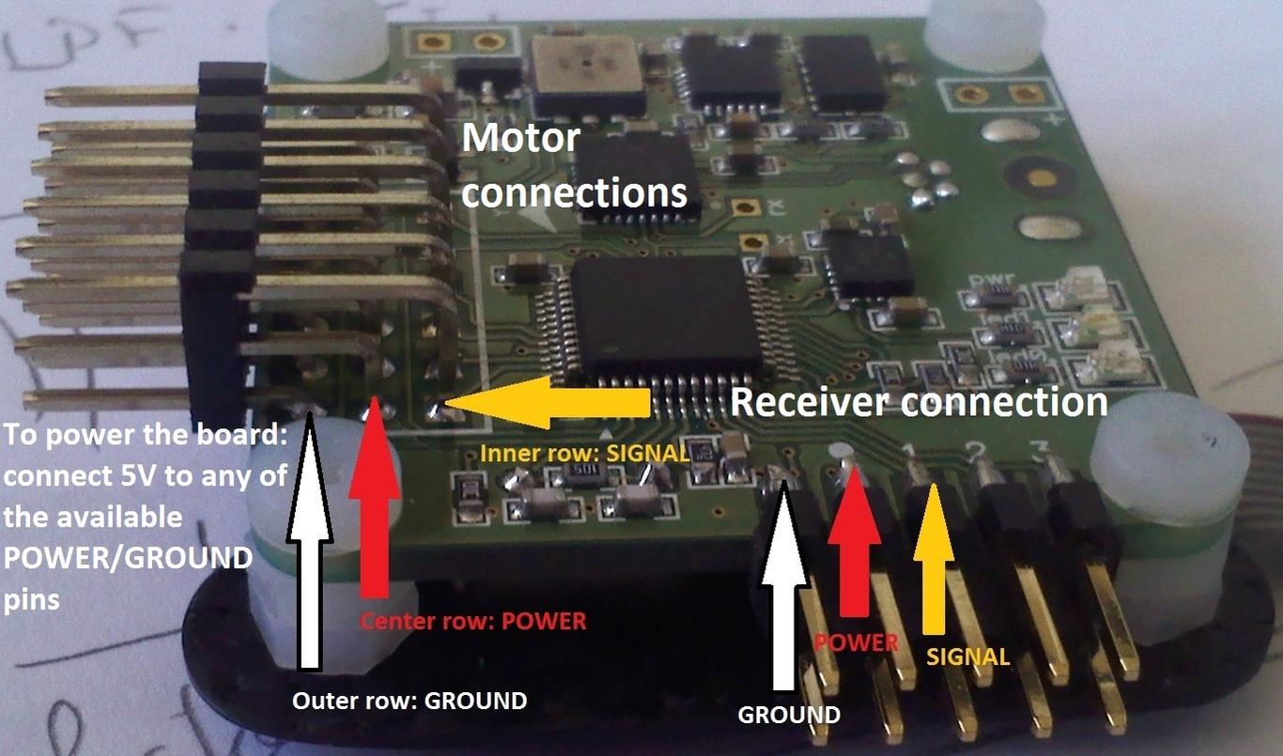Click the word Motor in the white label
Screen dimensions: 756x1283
click(x=521, y=139)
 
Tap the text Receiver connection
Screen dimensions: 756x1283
click(x=918, y=403)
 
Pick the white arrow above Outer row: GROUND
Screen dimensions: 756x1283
click(x=309, y=545)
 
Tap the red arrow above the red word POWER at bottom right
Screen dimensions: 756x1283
click(x=855, y=540)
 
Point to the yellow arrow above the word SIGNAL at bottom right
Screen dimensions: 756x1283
click(x=934, y=554)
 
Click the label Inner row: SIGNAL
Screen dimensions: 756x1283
click(x=584, y=453)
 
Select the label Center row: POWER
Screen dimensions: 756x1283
click(x=473, y=622)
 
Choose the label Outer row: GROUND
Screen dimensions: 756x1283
click(x=410, y=701)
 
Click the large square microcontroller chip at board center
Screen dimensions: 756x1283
click(x=667, y=315)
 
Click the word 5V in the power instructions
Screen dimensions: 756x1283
click(x=140, y=476)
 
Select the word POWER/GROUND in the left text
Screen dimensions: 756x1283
click(x=128, y=558)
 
